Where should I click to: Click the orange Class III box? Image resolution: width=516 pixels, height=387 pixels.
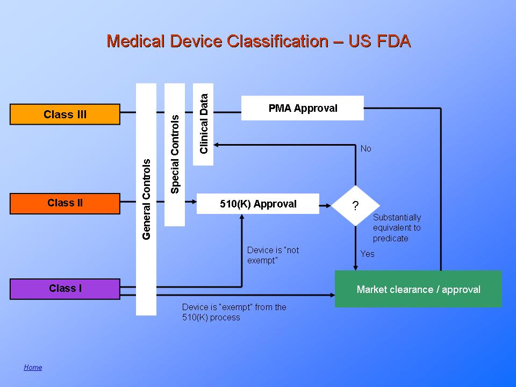point(65,114)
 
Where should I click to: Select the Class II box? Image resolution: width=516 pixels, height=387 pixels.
point(65,203)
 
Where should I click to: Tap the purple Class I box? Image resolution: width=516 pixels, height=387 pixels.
point(65,289)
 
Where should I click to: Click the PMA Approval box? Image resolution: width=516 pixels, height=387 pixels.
point(303,108)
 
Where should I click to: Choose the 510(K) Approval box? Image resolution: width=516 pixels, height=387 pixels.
point(258,204)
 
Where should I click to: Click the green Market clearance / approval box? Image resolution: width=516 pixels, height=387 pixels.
point(418,289)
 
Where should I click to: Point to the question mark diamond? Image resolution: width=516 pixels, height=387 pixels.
point(355,206)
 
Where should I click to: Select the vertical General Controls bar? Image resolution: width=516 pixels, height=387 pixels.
point(146,199)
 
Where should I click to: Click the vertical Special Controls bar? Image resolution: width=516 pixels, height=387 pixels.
point(175,154)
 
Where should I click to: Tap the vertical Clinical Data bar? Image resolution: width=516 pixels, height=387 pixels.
point(203,124)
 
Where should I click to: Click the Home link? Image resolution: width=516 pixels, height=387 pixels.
point(33,367)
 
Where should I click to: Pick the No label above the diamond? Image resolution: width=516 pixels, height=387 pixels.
point(366,148)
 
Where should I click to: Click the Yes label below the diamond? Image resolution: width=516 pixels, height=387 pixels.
point(367,254)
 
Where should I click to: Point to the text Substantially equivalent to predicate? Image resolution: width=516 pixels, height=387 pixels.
point(397,228)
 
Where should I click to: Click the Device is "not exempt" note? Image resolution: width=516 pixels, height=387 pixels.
point(273,255)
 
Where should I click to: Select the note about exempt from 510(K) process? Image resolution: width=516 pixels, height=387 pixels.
point(234,312)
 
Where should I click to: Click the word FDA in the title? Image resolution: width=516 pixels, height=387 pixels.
point(391,41)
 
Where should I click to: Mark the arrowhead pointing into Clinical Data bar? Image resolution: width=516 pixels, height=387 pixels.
point(216,144)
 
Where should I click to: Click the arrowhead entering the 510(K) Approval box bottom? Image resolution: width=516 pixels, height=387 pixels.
point(242,217)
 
